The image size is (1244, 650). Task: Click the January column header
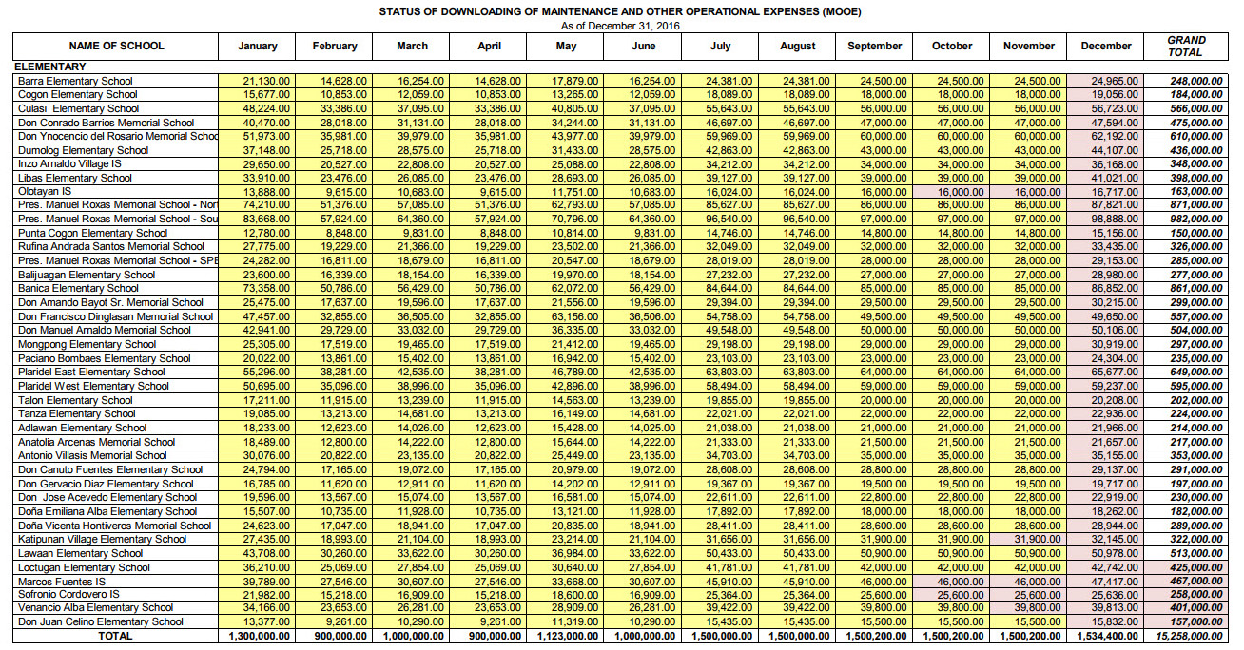click(258, 46)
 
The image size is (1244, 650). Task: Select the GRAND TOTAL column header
click(1186, 46)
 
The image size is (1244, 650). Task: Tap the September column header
click(874, 46)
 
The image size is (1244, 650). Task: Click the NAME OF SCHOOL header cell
click(116, 46)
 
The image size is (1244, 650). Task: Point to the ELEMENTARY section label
click(49, 67)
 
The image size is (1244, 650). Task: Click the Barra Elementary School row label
click(75, 81)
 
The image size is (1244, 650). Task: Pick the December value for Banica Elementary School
click(1107, 289)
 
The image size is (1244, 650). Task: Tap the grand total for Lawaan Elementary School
click(1190, 553)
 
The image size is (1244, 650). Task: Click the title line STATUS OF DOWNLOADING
click(620, 12)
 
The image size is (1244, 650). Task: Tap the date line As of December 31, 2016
click(620, 26)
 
